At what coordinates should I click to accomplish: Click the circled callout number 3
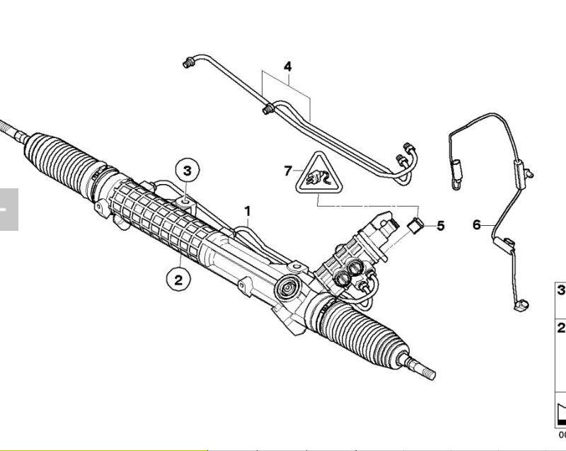(187, 171)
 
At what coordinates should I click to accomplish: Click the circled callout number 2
(178, 280)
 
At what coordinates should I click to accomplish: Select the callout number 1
(247, 211)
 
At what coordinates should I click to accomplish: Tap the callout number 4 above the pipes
(288, 67)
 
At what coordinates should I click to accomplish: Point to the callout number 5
(441, 226)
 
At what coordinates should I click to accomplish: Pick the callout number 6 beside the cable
(477, 225)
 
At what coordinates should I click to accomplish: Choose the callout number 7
(288, 171)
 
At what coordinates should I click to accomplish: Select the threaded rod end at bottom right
(419, 367)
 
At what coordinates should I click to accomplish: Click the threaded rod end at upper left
(13, 131)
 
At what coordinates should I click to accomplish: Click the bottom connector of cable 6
(521, 304)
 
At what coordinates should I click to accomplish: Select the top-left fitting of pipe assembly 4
(187, 62)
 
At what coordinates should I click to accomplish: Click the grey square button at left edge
(9, 210)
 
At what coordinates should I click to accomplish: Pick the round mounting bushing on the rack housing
(288, 287)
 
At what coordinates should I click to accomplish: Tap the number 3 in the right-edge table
(561, 290)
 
